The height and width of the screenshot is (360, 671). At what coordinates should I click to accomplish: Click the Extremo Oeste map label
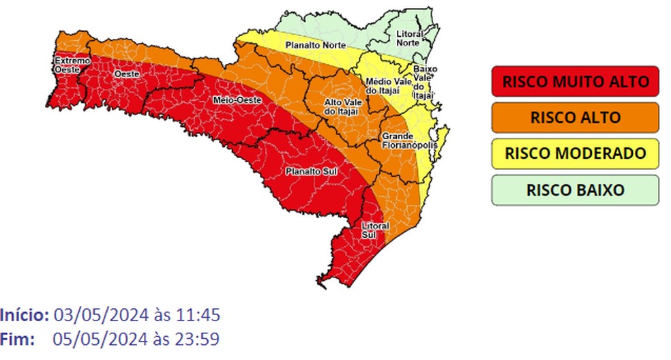click(x=72, y=65)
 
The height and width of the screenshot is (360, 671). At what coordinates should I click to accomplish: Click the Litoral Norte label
click(x=409, y=37)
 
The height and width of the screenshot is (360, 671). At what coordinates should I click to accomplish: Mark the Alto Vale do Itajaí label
click(x=339, y=106)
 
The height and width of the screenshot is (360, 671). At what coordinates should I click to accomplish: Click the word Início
click(x=25, y=316)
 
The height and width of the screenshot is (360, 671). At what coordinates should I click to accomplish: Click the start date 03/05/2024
click(x=100, y=316)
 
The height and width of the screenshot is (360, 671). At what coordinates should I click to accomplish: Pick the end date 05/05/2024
click(x=100, y=339)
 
